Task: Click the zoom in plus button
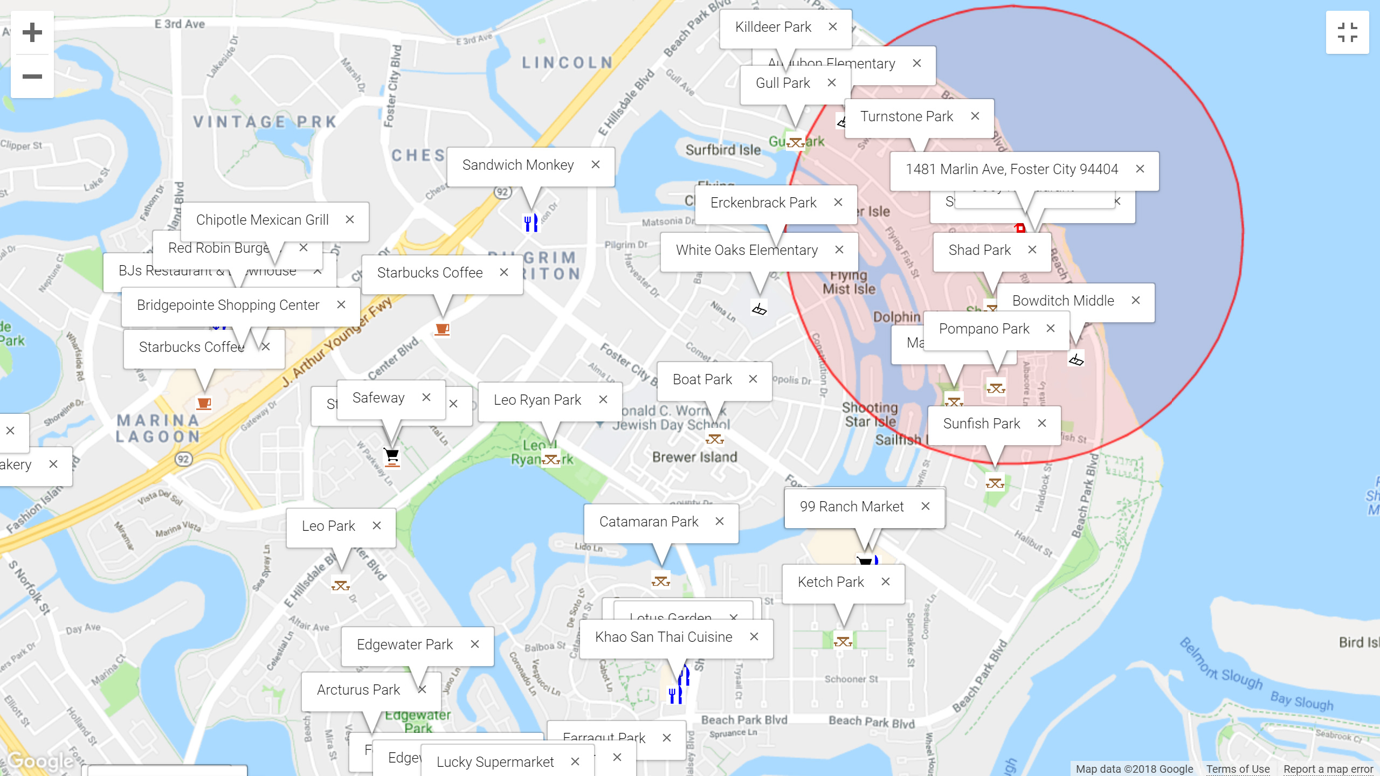32,32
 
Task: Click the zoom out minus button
32,76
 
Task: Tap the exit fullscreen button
1347,32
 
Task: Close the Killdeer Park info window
833,27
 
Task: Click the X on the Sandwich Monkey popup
596,165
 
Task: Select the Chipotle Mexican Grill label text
262,220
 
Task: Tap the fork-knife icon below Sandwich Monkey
531,223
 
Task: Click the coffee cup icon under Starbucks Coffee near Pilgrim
442,329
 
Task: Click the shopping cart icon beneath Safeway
392,456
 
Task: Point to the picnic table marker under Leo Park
341,585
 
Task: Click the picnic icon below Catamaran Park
661,581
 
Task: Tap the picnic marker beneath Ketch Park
843,641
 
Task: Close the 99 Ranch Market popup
926,507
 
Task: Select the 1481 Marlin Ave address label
1012,169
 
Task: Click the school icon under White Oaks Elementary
760,309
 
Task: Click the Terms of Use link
1238,769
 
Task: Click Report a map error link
1328,769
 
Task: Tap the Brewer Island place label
694,457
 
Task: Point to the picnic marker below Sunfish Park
995,483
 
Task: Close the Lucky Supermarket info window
575,761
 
